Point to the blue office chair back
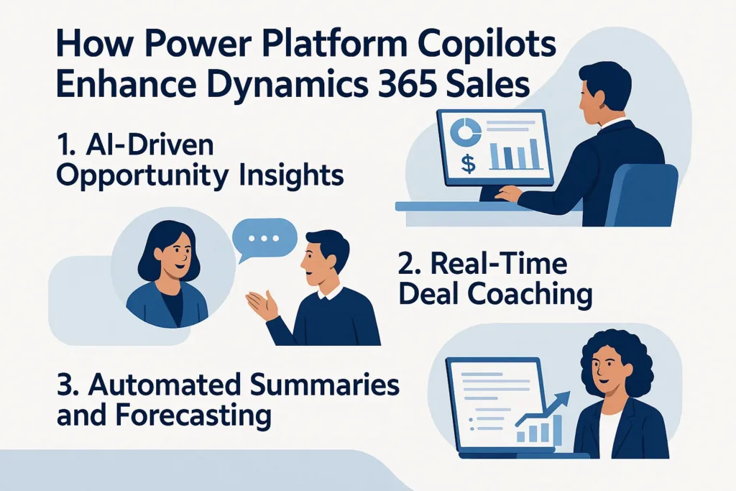pyautogui.click(x=648, y=191)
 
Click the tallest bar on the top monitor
pyautogui.click(x=533, y=155)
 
